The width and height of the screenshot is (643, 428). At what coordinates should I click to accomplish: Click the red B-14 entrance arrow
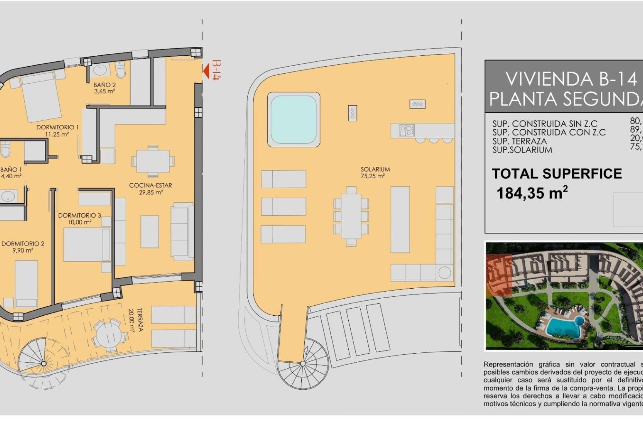click(206, 71)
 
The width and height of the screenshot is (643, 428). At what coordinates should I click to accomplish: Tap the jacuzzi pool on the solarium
click(293, 119)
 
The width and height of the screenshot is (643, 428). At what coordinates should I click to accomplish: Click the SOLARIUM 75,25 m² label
click(375, 173)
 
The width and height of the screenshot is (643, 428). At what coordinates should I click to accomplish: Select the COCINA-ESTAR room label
click(151, 189)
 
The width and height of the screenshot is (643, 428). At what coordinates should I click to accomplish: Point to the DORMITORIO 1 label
click(57, 130)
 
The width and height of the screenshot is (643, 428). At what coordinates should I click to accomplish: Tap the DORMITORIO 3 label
click(79, 218)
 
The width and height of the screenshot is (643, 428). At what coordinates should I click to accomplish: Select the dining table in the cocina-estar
click(153, 161)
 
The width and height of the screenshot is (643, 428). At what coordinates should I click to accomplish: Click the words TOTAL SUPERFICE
click(557, 174)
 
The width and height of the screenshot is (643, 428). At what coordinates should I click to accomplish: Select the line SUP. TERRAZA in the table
click(519, 141)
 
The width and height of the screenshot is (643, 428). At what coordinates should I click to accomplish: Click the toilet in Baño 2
click(120, 71)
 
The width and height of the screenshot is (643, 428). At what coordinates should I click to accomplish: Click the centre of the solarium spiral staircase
click(303, 363)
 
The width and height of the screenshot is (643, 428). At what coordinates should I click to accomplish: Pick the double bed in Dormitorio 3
click(87, 244)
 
